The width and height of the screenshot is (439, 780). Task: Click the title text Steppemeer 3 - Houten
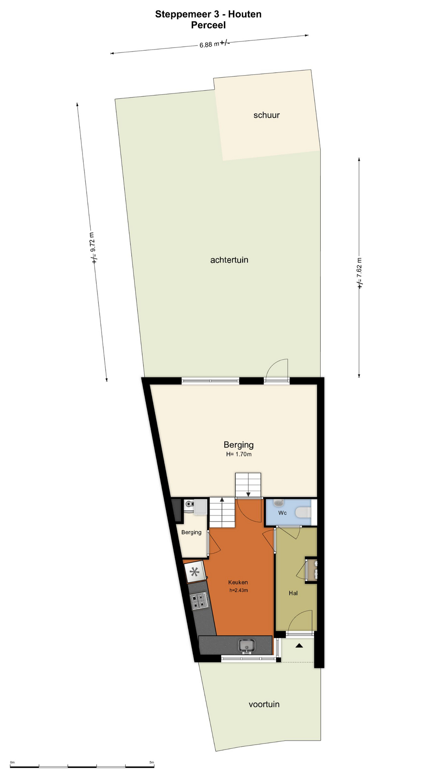click(208, 14)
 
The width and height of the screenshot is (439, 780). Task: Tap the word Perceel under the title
click(208, 25)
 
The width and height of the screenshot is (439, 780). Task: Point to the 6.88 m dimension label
click(214, 44)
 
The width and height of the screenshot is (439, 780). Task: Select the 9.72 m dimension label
click(93, 248)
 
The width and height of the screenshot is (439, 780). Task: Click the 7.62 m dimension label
click(360, 273)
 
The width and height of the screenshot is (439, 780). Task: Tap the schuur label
click(267, 115)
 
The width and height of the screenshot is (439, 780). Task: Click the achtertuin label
click(229, 260)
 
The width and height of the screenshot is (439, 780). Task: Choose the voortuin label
click(264, 704)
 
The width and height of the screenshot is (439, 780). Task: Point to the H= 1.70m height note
click(239, 454)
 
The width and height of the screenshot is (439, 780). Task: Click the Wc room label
click(283, 513)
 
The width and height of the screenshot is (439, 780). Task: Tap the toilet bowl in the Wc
click(303, 512)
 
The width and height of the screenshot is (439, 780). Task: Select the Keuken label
click(238, 582)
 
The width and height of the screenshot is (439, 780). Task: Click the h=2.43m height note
click(239, 590)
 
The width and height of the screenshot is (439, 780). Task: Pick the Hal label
click(293, 593)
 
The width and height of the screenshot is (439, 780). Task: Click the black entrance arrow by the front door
click(299, 645)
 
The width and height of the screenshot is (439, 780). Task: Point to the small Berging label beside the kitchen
click(191, 532)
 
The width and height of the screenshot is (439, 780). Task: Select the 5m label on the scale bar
click(152, 762)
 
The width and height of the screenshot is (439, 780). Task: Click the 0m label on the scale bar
click(12, 762)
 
